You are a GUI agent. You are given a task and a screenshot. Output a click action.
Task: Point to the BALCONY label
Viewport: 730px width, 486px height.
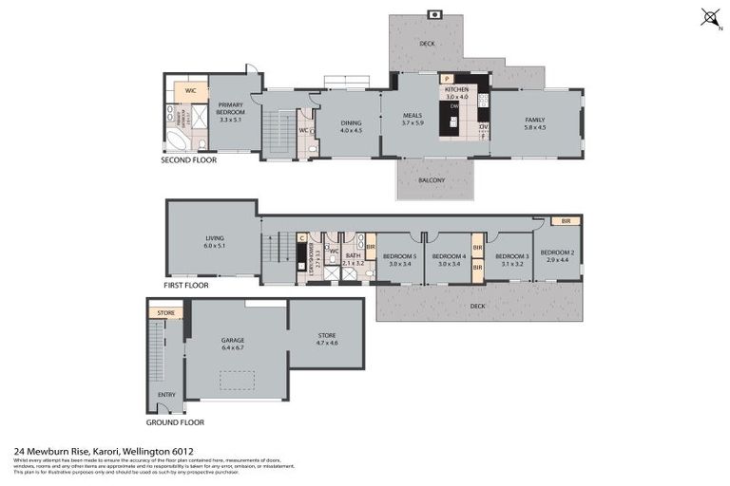432,180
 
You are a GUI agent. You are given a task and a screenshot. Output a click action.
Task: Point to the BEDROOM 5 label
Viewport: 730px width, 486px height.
399,256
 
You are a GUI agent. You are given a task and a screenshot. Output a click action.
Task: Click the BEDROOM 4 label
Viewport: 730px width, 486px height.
449,256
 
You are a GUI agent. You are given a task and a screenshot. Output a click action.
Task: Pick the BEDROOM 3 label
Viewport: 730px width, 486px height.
511,256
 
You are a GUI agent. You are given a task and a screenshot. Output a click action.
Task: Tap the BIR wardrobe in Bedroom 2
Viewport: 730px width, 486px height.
566,220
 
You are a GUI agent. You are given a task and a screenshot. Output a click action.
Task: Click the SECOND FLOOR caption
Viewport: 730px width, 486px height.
188,160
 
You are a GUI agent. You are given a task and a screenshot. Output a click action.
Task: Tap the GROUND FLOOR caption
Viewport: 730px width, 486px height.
175,421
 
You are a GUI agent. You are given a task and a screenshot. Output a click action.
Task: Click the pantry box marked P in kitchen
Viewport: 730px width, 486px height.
446,80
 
